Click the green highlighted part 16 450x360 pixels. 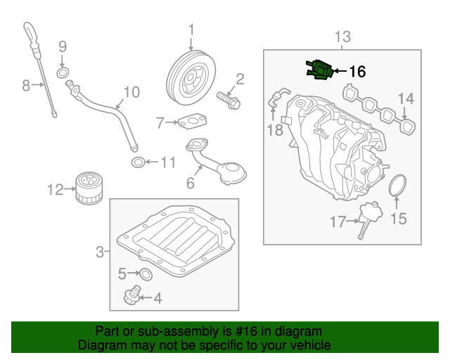coord(319,70)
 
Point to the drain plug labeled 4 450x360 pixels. coord(146,273)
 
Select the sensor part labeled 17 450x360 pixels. coord(366,217)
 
